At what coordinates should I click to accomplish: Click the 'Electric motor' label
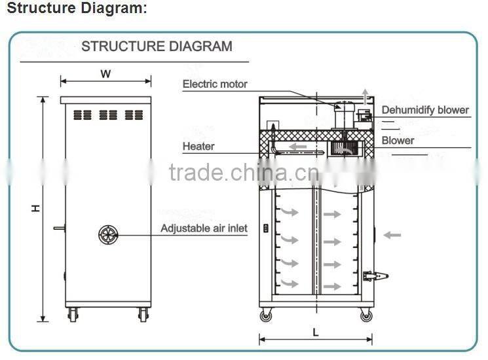[215, 84]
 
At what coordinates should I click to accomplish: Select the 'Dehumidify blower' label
[425, 110]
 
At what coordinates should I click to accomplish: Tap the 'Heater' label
[198, 147]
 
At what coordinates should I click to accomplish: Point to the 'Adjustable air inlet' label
[204, 228]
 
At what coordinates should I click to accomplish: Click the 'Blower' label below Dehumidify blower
[398, 140]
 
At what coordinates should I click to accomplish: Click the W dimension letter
[105, 74]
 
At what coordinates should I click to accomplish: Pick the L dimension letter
[315, 332]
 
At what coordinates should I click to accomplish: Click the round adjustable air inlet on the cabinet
[108, 234]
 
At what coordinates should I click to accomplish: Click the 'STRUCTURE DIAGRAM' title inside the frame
[156, 46]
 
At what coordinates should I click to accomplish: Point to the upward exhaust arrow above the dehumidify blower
[366, 94]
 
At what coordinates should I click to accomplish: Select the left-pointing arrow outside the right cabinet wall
[392, 234]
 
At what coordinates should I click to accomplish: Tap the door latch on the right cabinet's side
[375, 276]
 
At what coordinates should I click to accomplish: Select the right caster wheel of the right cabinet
[365, 315]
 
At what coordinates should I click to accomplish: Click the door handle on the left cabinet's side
[59, 228]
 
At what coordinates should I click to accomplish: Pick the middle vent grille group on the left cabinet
[108, 115]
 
